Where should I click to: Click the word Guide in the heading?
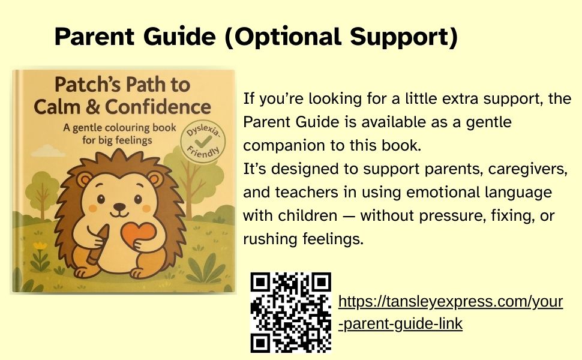tap(179, 37)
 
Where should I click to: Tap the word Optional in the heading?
tap(283, 37)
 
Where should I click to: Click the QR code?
tap(290, 313)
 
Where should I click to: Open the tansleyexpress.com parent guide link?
tap(451, 313)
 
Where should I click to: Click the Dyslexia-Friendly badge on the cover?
tap(203, 142)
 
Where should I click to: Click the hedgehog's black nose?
tap(119, 206)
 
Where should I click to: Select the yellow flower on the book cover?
tap(40, 245)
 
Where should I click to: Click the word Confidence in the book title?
tap(158, 107)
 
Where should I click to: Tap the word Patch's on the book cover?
tap(87, 85)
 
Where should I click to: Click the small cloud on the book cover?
tap(47, 151)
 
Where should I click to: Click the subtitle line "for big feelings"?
tap(117, 140)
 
